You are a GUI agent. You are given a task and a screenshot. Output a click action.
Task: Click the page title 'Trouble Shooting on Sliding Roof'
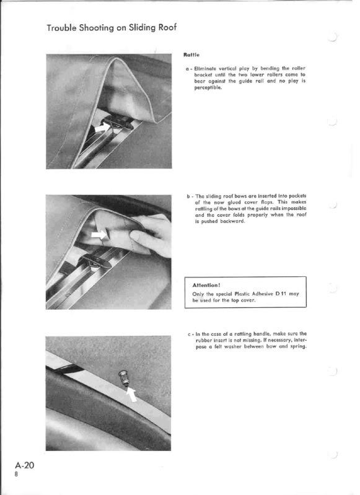pyautogui.click(x=112, y=28)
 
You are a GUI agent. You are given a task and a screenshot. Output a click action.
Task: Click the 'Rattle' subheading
pyautogui.click(x=191, y=55)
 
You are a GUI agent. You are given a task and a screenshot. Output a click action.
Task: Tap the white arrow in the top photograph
pyautogui.click(x=102, y=128)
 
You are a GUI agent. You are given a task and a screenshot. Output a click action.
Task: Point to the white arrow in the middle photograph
pyautogui.click(x=99, y=235)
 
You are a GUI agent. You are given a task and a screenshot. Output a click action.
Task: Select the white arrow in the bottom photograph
pyautogui.click(x=132, y=394)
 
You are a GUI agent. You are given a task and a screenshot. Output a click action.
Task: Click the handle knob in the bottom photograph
pyautogui.click(x=123, y=378)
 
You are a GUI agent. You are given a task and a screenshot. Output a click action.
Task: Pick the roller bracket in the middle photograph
pyautogui.click(x=95, y=261)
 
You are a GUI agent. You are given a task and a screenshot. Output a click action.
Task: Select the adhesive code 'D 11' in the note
pyautogui.click(x=281, y=294)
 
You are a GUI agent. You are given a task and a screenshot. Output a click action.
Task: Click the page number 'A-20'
pyautogui.click(x=25, y=465)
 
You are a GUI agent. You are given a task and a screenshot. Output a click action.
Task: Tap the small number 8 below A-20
pyautogui.click(x=17, y=474)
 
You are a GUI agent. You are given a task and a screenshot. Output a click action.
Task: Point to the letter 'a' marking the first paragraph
pyautogui.click(x=188, y=69)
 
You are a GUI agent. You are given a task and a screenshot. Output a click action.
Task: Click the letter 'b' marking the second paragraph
pyautogui.click(x=188, y=196)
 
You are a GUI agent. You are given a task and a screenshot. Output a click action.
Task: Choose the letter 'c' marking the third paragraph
pyautogui.click(x=189, y=335)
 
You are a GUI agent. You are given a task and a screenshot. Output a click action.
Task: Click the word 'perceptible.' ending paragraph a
pyautogui.click(x=208, y=88)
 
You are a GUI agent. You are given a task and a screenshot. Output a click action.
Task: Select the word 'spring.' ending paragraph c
pyautogui.click(x=299, y=347)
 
